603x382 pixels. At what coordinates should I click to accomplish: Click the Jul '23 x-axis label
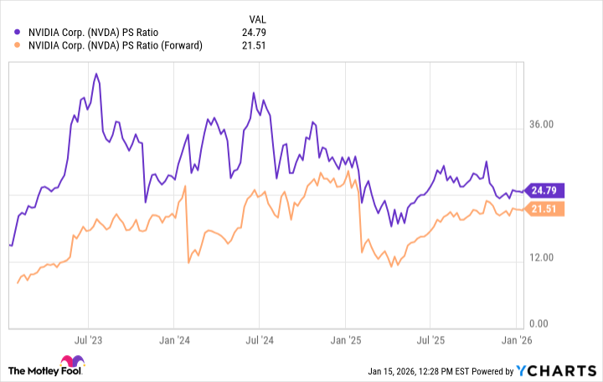[88, 341]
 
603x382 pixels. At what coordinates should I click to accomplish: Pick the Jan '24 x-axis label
[173, 341]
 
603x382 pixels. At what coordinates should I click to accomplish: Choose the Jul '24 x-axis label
[259, 341]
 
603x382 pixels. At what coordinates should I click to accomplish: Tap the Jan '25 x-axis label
[344, 341]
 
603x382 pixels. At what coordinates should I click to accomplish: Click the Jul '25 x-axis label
[430, 341]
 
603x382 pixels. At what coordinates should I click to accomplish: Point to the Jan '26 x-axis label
[515, 341]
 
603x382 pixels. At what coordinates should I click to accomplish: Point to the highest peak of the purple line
[96, 74]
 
